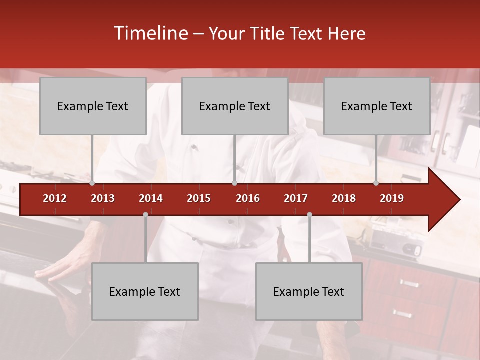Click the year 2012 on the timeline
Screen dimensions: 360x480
point(55,198)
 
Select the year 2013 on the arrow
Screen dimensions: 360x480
point(103,198)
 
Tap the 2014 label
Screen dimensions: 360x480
point(151,198)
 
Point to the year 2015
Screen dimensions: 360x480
point(199,198)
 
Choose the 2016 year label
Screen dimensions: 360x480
point(248,198)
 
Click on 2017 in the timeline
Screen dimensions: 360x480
point(296,198)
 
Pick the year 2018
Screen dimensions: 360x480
point(344,198)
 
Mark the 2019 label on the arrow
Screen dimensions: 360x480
point(392,198)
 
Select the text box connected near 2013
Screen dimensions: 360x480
point(93,106)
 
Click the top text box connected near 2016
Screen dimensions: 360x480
point(235,106)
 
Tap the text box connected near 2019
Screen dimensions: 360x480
point(377,106)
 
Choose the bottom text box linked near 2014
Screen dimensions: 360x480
point(145,291)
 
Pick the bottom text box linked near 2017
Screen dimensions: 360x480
point(309,291)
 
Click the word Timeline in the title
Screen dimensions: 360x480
point(149,33)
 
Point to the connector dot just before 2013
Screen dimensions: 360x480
point(92,183)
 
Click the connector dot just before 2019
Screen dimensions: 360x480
point(376,183)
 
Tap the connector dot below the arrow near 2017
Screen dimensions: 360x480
point(309,215)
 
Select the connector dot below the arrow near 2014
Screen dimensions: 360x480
point(145,215)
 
